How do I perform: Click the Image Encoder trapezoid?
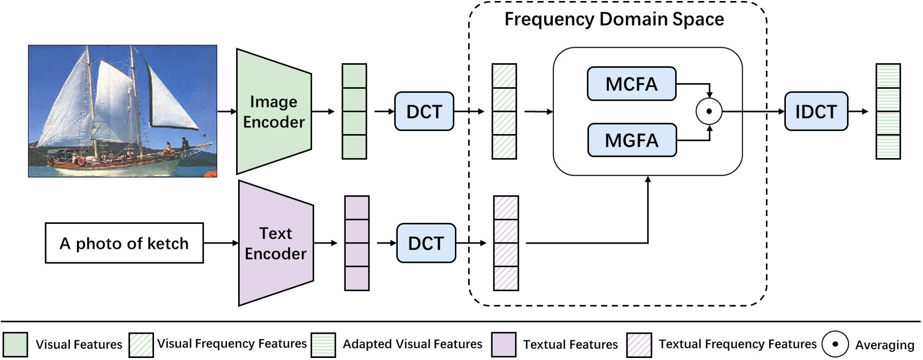tap(274, 111)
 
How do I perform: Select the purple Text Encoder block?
tap(276, 243)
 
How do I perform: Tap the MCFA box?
tap(631, 84)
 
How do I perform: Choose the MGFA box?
tap(632, 140)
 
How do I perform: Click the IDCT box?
tap(816, 111)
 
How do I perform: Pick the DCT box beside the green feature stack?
tap(424, 111)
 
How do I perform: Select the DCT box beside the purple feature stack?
tap(426, 243)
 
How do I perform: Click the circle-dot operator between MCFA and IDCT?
tap(709, 111)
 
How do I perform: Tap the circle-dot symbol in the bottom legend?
tap(835, 344)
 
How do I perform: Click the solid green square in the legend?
tap(15, 345)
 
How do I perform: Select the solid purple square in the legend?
tap(504, 345)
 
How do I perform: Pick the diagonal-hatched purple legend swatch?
tap(639, 345)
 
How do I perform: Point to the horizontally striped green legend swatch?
tap(323, 345)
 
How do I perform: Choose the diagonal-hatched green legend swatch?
tap(141, 345)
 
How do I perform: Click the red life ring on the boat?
tap(81, 161)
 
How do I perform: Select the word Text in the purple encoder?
tap(276, 233)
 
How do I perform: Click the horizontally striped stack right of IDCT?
tap(888, 111)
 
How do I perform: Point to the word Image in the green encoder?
tap(274, 102)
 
